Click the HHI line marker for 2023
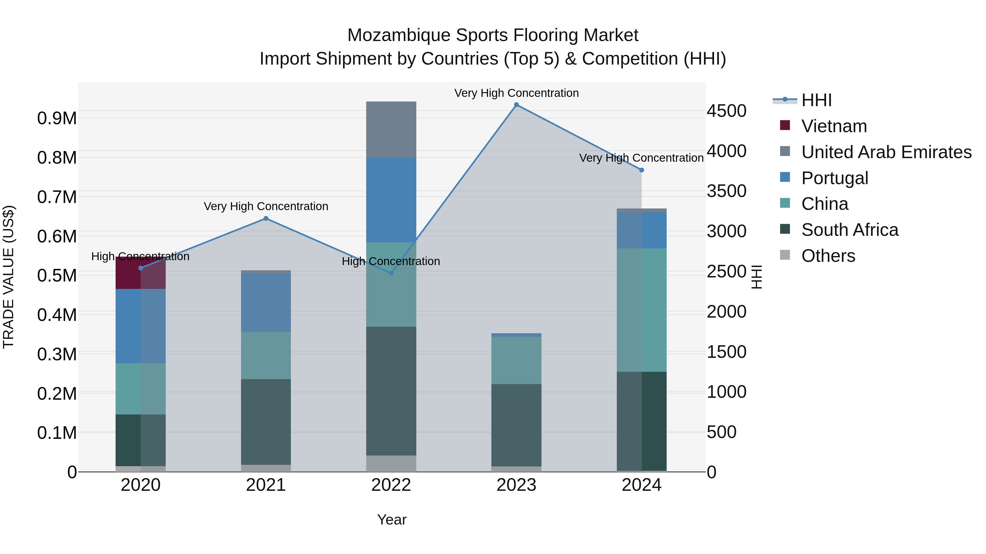coord(516,105)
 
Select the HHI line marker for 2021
coord(266,219)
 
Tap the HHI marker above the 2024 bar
coord(641,170)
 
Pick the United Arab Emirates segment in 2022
coord(391,130)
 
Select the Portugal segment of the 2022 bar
coord(391,200)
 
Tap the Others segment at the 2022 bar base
coord(391,463)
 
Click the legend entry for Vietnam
coord(834,126)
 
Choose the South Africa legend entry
coord(849,230)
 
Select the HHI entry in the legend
coord(816,100)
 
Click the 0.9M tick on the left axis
coord(57,118)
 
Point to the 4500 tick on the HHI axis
coord(726,111)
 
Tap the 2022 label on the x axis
coord(391,485)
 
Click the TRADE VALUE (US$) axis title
coord(8,277)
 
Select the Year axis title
coord(392,520)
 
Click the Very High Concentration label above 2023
coord(516,93)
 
